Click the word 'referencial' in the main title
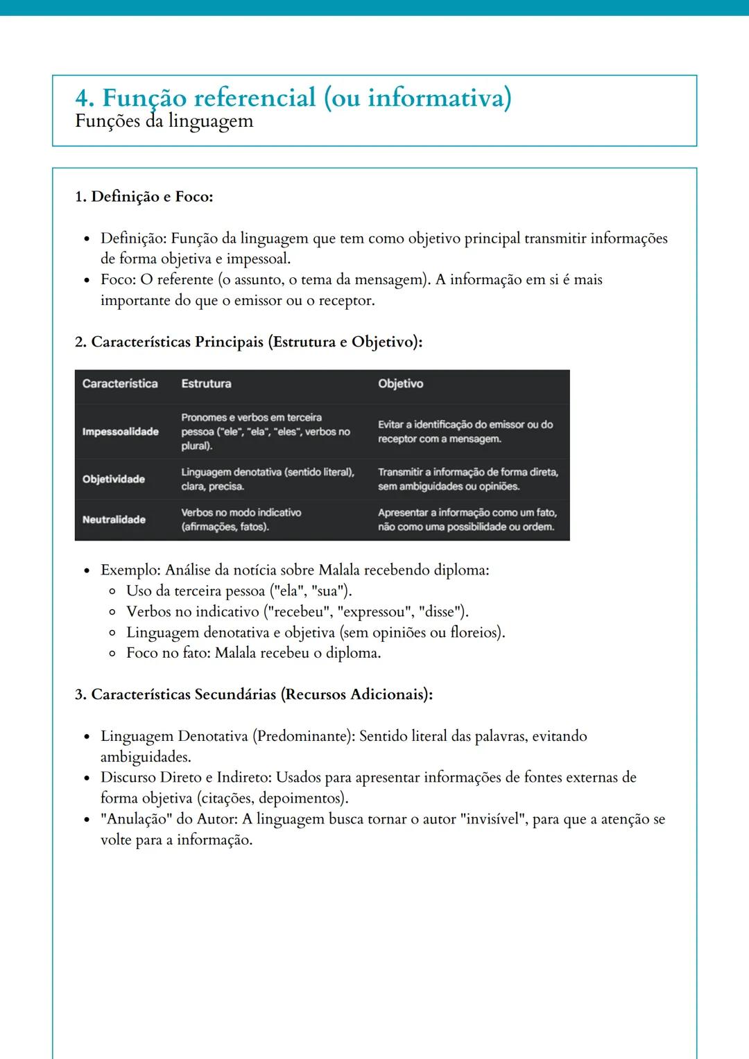(254, 98)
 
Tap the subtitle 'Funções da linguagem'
(164, 121)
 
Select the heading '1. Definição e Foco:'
(144, 197)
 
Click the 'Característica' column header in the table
(120, 384)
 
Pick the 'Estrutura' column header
(206, 384)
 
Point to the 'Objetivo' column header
(400, 384)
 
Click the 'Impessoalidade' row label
(120, 432)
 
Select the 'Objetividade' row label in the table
(114, 480)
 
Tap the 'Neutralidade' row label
(114, 520)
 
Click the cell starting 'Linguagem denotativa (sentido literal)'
(267, 479)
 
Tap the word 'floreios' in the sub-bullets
(475, 633)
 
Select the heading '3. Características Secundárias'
(253, 694)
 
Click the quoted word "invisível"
(492, 819)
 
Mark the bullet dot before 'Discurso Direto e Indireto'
(87, 778)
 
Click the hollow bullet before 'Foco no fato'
(112, 654)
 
